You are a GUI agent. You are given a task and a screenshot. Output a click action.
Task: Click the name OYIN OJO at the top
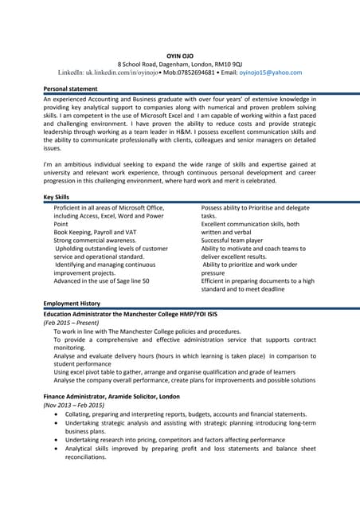click(180, 53)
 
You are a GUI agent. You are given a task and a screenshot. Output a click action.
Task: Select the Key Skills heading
click(57, 197)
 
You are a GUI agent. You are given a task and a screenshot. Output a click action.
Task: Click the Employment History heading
click(72, 304)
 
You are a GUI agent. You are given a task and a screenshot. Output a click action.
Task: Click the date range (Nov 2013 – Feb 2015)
click(73, 406)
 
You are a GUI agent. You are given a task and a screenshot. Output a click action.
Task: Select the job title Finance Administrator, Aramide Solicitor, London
click(112, 396)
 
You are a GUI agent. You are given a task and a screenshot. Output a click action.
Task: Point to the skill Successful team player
click(232, 241)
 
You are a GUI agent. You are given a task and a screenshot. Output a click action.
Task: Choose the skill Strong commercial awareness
click(95, 241)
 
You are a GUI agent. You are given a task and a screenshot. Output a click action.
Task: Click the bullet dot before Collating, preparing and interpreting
click(55, 415)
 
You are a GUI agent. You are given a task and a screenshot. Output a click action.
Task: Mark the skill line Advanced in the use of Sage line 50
click(101, 281)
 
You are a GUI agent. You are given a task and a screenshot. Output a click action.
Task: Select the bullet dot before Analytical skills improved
click(55, 449)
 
